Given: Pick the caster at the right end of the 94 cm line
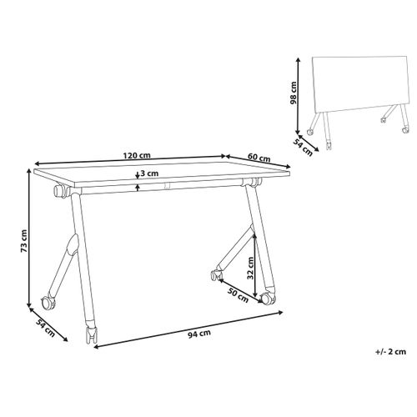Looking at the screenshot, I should coord(267,298).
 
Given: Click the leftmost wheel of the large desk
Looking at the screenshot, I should coord(45,299).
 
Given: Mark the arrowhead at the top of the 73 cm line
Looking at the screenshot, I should coord(31,172).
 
